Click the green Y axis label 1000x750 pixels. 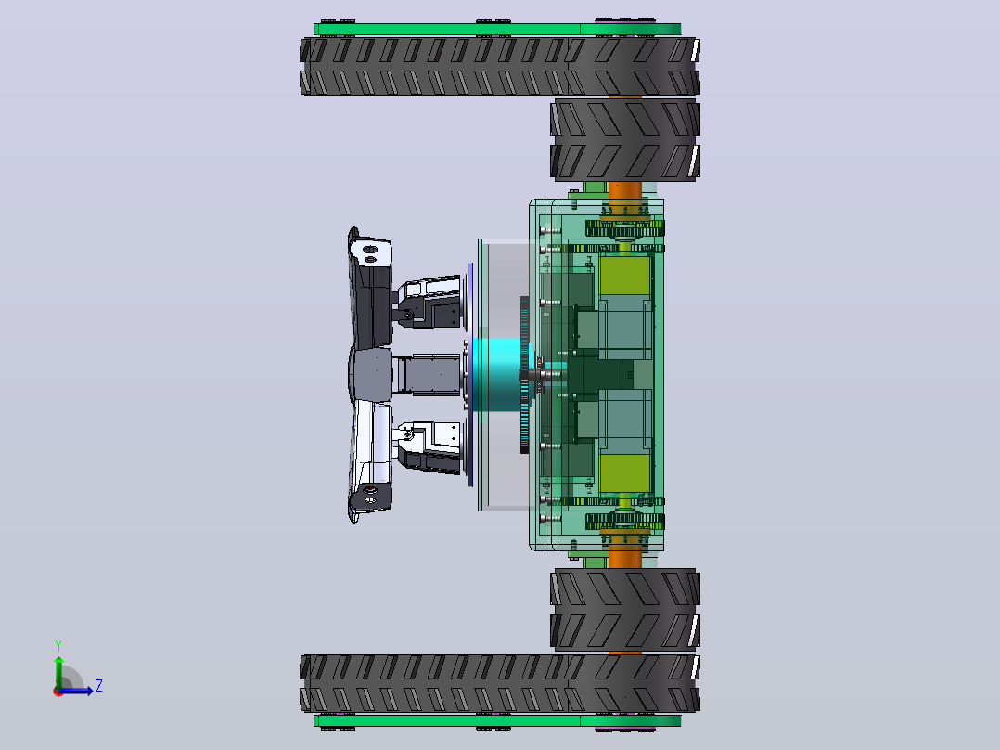click(x=58, y=645)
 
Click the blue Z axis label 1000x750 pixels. click(x=99, y=686)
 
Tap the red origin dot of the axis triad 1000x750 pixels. click(x=58, y=692)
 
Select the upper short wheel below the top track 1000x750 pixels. click(x=625, y=140)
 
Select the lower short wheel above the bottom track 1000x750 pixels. click(x=625, y=610)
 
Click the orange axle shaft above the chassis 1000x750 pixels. click(x=625, y=191)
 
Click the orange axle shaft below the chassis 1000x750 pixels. click(x=625, y=559)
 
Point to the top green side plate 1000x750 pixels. click(x=497, y=30)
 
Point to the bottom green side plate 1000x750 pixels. click(x=497, y=720)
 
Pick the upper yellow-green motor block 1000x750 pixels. click(x=625, y=275)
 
